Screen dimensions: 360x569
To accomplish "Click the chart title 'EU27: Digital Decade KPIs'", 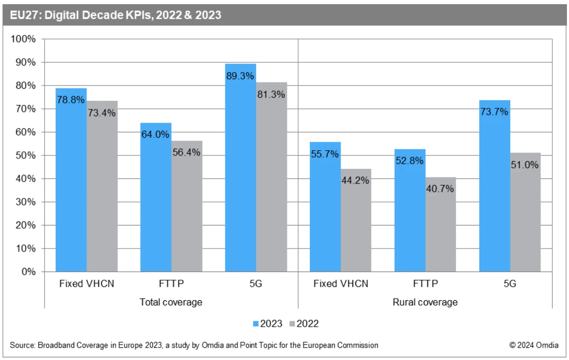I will (x=116, y=15).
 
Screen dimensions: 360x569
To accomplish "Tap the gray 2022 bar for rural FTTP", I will (x=441, y=225).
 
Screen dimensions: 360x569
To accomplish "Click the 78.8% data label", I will (x=71, y=100).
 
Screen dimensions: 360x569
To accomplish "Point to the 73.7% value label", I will (x=494, y=111).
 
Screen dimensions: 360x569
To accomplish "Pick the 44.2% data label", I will (x=356, y=180).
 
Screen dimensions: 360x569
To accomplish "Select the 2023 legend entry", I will (x=268, y=323).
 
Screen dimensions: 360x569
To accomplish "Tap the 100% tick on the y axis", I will (x=24, y=39).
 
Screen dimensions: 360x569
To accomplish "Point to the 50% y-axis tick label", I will (x=26, y=155).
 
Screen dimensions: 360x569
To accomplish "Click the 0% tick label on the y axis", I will (x=28, y=272).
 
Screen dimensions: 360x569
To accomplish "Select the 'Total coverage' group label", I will (x=171, y=302).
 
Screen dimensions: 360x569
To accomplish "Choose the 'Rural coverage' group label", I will (x=425, y=302).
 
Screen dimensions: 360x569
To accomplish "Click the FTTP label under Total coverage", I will (x=171, y=284).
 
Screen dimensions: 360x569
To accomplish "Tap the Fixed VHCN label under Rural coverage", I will (x=340, y=284).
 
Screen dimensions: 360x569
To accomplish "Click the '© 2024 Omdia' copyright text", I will (x=534, y=345).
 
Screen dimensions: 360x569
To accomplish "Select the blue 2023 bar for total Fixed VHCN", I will (x=71, y=184).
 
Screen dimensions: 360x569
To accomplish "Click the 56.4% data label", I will (x=187, y=152).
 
